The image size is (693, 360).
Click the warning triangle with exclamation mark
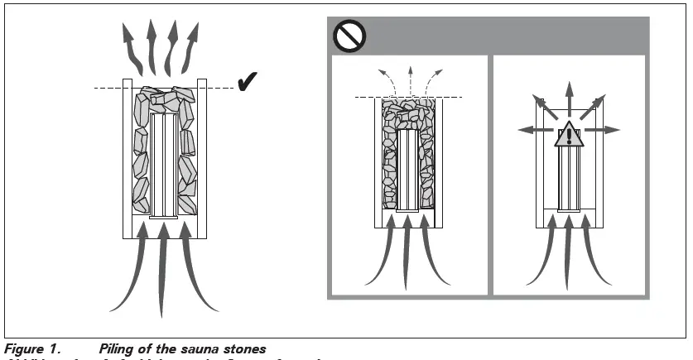tap(568, 134)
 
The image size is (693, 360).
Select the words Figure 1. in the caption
tap(32, 349)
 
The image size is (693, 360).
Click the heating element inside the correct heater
tap(165, 165)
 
